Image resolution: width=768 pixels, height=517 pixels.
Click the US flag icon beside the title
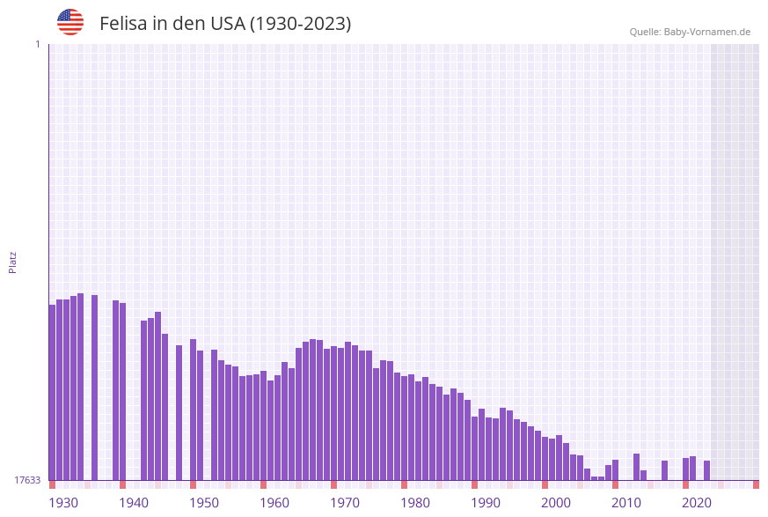pos(70,22)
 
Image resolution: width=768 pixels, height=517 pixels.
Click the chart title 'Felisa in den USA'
pos(225,24)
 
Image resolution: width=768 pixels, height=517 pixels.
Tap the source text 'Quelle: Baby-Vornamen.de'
pos(690,32)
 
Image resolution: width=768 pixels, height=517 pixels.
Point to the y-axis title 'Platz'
pos(12,262)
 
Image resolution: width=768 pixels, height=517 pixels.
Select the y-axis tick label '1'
pos(37,44)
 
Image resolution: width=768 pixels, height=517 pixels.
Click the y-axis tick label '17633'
pos(27,480)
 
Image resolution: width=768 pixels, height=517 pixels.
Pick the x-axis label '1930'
pos(63,503)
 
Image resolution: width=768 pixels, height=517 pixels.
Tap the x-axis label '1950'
pos(204,503)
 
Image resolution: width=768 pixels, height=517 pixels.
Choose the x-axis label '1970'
pos(345,503)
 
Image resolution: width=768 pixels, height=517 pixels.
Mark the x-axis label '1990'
pos(486,503)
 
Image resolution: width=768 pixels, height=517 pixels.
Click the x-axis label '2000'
pos(556,503)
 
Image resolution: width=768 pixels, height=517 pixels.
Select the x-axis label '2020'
pos(697,503)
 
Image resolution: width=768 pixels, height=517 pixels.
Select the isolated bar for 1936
pos(94,388)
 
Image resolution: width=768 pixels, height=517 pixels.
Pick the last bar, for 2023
pos(706,470)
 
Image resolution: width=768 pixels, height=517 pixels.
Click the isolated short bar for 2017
pos(664,470)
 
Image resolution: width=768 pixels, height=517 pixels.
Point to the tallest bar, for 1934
pos(80,387)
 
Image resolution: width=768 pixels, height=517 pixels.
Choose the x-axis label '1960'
pos(274,503)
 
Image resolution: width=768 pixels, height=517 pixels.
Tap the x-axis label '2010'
pos(626,503)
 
